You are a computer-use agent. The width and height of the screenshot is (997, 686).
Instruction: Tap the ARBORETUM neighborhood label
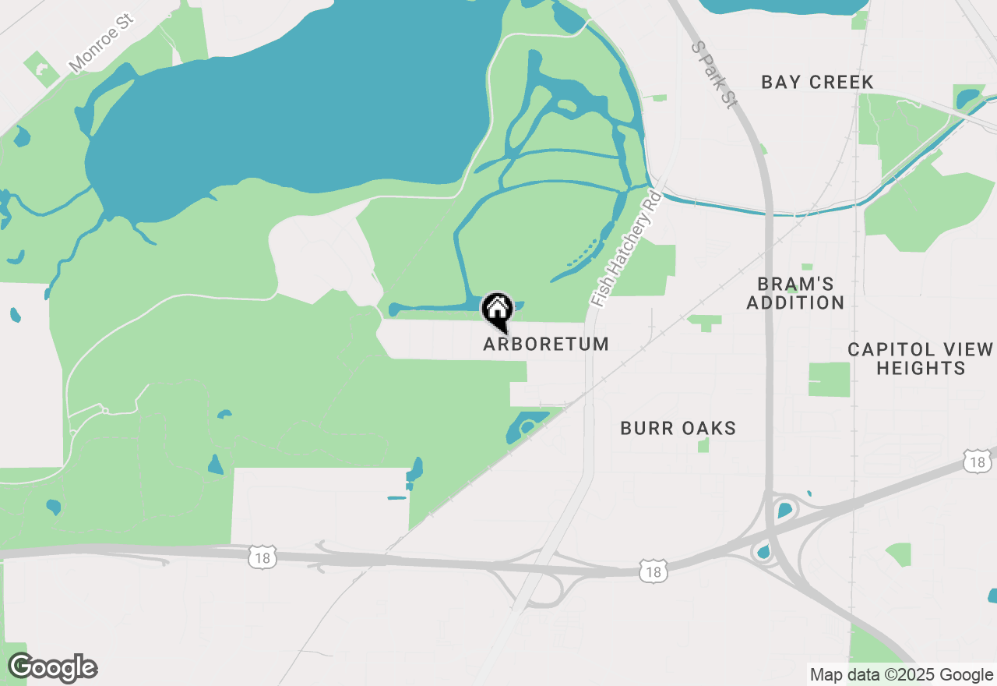[x=546, y=344]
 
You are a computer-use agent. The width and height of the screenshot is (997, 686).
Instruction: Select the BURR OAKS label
[x=678, y=428]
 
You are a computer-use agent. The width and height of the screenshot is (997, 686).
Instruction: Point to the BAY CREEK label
[x=817, y=82]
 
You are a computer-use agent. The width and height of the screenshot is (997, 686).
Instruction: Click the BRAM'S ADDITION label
[x=795, y=293]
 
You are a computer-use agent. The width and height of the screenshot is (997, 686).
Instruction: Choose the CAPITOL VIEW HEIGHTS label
[x=921, y=359]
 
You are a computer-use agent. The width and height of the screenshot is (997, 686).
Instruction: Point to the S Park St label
[x=713, y=75]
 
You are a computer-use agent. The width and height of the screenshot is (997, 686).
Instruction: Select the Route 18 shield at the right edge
[x=978, y=461]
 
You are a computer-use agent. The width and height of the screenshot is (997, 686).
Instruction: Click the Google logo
[x=53, y=667]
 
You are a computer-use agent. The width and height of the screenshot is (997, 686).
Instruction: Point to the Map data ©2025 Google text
[x=901, y=675]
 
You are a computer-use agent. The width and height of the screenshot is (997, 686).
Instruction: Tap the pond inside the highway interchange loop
[x=784, y=511]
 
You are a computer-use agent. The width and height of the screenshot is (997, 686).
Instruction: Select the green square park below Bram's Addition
[x=830, y=380]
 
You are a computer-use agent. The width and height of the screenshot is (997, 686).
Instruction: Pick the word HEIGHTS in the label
[x=921, y=368]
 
